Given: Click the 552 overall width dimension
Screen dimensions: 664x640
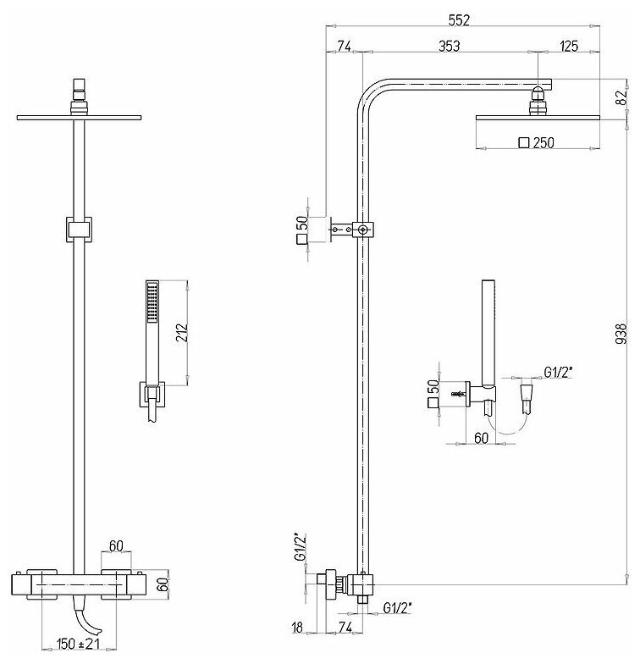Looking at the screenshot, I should (460, 18).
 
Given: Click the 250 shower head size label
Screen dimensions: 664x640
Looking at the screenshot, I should (543, 143).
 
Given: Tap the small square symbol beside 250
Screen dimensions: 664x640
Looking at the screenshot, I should (522, 143).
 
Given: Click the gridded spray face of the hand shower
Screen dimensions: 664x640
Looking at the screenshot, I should (152, 302).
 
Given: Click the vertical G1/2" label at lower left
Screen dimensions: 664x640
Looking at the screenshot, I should (298, 547).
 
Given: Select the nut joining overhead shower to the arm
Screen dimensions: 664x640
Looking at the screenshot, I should (537, 105).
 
